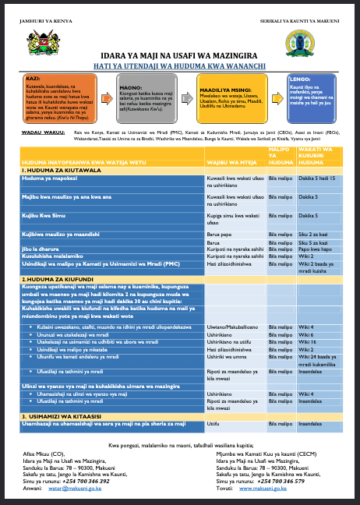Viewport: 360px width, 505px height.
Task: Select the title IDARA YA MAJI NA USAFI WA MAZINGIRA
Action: pos(179,57)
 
